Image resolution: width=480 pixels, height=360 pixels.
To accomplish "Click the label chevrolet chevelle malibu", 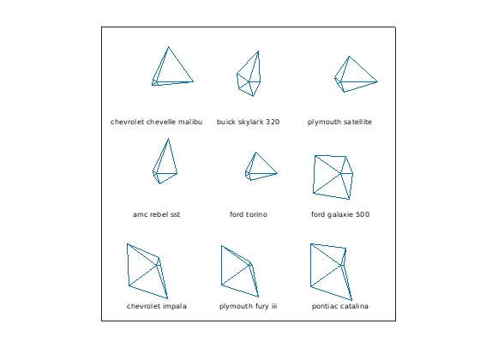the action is click(x=156, y=122).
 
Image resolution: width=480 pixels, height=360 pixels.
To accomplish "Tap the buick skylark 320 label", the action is click(x=248, y=122).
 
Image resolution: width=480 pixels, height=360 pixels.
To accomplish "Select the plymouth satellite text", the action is click(x=339, y=122).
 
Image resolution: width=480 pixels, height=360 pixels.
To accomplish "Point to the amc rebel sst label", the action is click(x=156, y=214).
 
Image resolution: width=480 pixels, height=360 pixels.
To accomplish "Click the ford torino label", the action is click(x=249, y=214).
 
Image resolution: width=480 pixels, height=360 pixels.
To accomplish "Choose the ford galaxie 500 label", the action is click(x=340, y=214).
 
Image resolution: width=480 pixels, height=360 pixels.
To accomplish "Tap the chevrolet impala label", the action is click(x=156, y=306).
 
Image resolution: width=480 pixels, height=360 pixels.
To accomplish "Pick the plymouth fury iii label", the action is click(x=248, y=306).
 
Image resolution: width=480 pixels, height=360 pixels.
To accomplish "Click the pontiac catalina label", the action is click(x=339, y=306).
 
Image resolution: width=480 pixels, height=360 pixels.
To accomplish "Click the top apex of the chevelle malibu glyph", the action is click(x=168, y=47).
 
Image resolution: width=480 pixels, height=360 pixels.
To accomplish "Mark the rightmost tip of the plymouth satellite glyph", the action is click(x=377, y=81).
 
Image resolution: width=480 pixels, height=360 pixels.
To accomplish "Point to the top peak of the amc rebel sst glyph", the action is click(x=168, y=139).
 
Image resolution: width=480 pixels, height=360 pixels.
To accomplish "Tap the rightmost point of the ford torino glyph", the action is click(x=277, y=173).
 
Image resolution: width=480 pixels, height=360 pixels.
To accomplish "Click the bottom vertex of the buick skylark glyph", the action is click(x=253, y=96).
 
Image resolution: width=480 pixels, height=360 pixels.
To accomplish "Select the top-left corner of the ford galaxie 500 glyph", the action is click(x=315, y=155).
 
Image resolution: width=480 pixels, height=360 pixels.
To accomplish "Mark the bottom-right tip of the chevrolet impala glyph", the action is click(x=167, y=298).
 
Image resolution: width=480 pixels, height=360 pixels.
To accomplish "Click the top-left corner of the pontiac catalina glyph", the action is click(x=310, y=243).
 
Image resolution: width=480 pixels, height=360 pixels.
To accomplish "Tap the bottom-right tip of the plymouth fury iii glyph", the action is click(x=258, y=297).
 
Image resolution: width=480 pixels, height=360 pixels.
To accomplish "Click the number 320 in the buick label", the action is click(x=273, y=122).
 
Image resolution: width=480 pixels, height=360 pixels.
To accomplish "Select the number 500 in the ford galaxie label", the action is click(x=363, y=214).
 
